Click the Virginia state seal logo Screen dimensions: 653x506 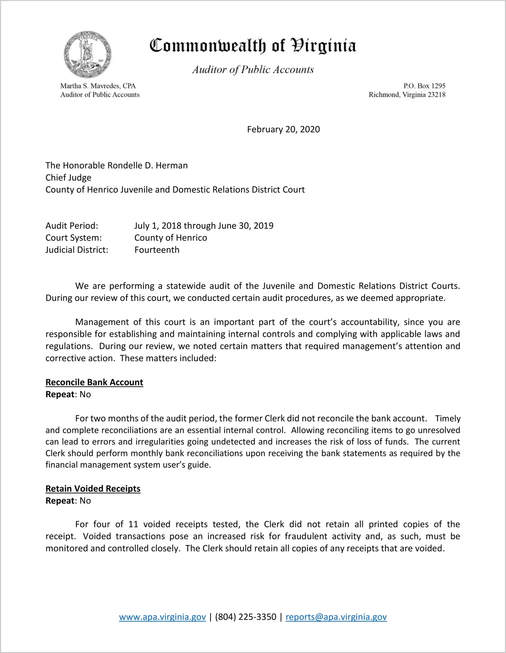(x=87, y=54)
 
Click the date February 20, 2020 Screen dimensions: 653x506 (x=283, y=130)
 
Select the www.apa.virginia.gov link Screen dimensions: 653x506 (x=162, y=617)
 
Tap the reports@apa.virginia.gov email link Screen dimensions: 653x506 (x=336, y=617)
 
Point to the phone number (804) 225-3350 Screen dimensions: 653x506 (x=246, y=617)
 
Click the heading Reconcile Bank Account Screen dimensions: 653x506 (x=94, y=382)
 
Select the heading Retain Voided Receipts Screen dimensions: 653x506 (x=93, y=489)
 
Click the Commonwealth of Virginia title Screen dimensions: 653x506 (x=253, y=46)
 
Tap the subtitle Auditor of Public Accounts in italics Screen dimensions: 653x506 (x=253, y=70)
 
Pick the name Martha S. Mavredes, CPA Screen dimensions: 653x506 (x=98, y=86)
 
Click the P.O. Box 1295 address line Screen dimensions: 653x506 (x=424, y=86)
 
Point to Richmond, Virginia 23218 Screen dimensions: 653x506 (x=407, y=95)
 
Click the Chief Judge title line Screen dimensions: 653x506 (x=68, y=178)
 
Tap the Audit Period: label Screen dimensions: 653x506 (x=72, y=226)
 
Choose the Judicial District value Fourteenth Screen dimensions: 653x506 (x=157, y=250)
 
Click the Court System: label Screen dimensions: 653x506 (x=73, y=238)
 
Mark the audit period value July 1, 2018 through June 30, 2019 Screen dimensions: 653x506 (x=204, y=226)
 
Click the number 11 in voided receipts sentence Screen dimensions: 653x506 (x=133, y=524)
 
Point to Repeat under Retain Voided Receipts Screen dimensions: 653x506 (x=60, y=500)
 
